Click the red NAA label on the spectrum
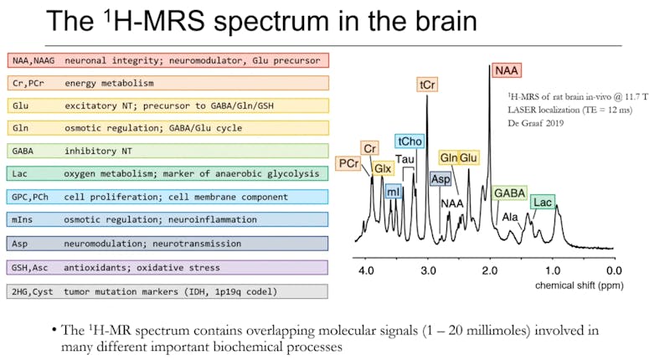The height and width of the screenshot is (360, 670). click(x=507, y=70)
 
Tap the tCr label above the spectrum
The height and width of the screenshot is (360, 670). click(x=427, y=85)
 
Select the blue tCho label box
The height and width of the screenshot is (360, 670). click(x=410, y=141)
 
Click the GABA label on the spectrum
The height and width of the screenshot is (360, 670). click(x=509, y=194)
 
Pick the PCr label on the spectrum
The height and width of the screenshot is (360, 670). click(x=349, y=163)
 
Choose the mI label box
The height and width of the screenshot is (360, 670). click(x=394, y=192)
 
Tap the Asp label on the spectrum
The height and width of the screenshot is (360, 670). click(x=440, y=179)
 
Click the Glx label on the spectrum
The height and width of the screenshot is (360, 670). click(x=382, y=168)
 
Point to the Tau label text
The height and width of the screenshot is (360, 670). click(x=405, y=159)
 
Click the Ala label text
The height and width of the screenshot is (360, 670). click(x=510, y=217)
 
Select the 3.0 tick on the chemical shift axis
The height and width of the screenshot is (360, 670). click(x=428, y=270)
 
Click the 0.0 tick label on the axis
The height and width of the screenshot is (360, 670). click(x=614, y=270)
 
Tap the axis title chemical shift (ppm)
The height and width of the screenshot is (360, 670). click(x=575, y=285)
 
